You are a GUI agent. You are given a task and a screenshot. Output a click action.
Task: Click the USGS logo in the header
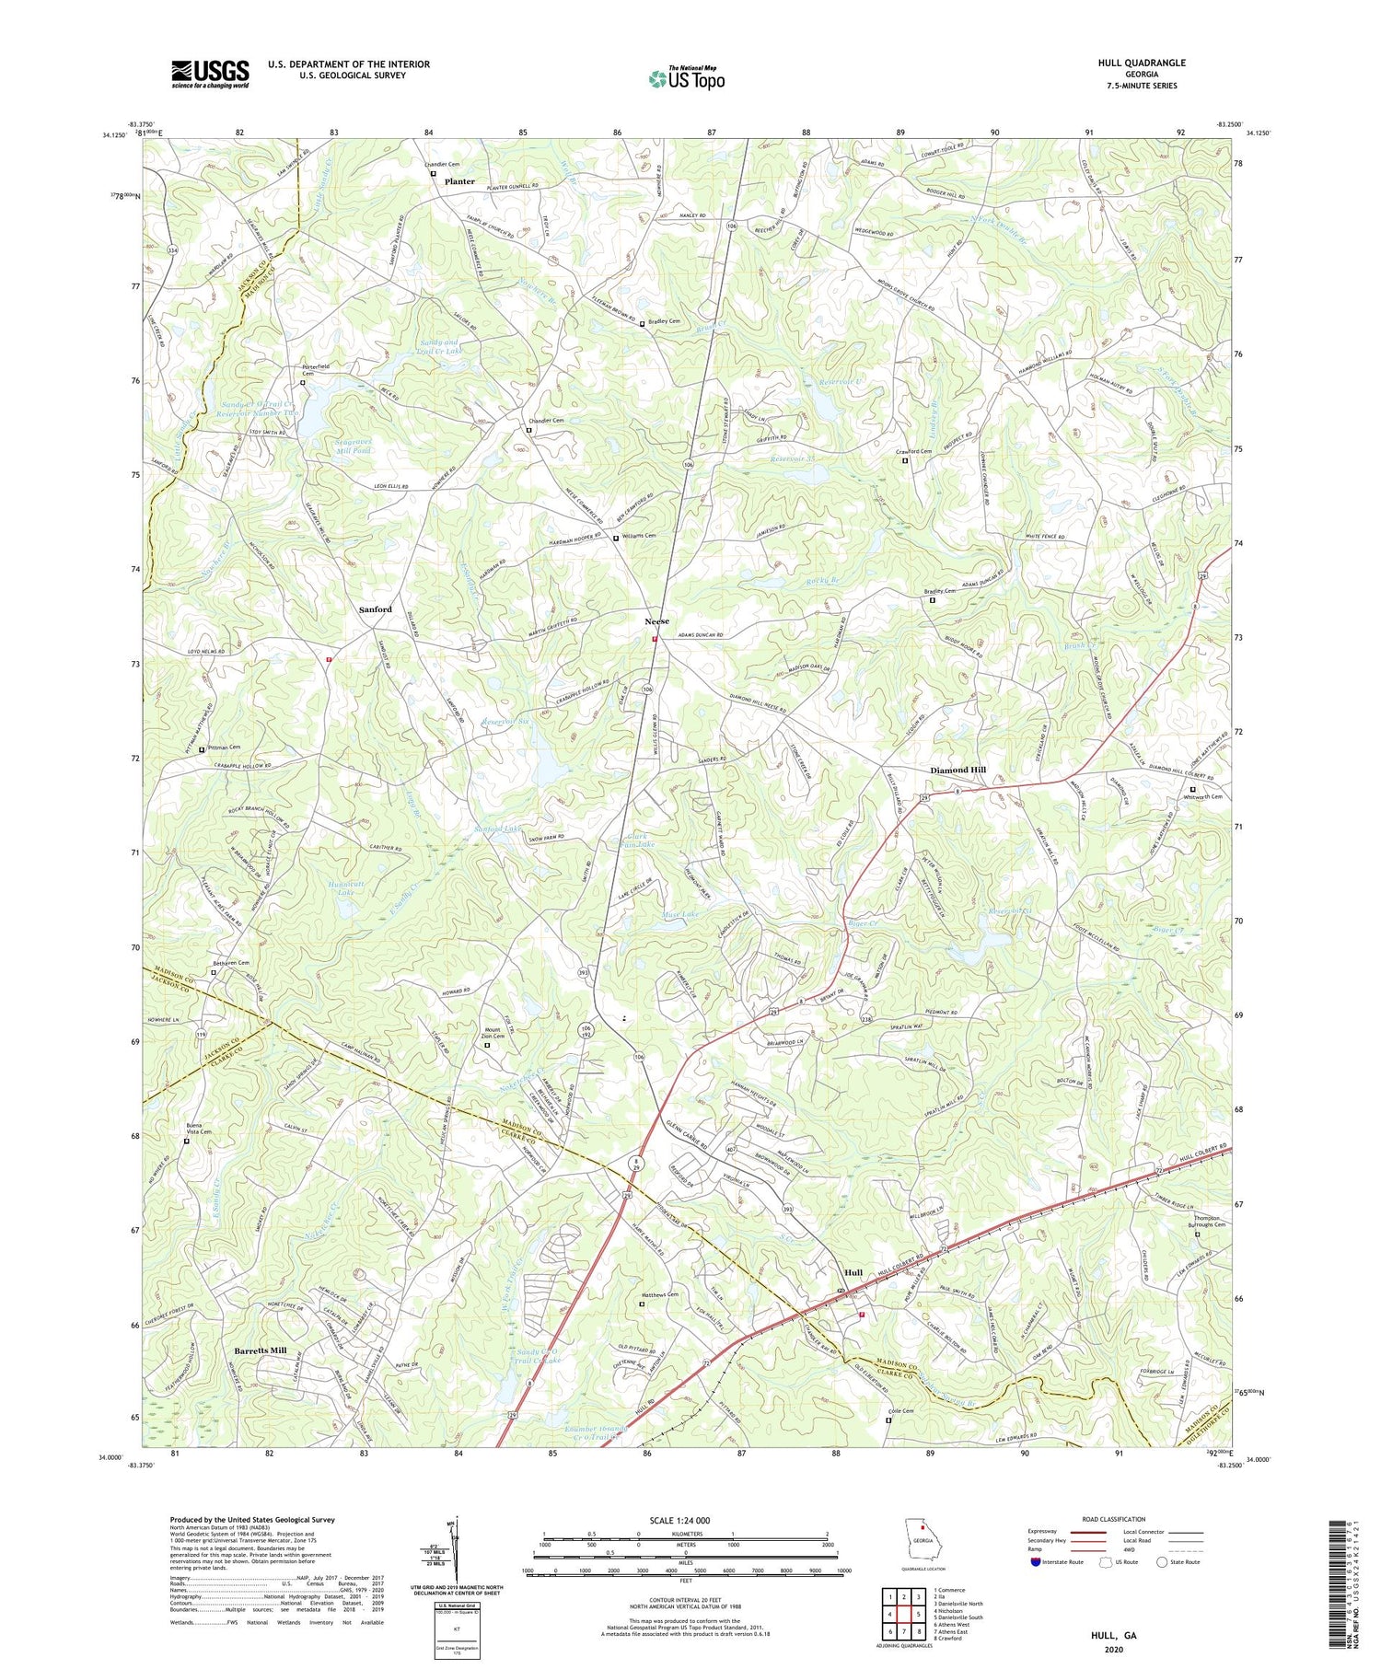pos(210,74)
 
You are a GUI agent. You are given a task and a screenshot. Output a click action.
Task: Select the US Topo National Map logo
pos(686,78)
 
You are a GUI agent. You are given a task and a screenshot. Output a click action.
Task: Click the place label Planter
pos(459,181)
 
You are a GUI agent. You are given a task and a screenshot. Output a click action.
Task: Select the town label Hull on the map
pos(853,1272)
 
